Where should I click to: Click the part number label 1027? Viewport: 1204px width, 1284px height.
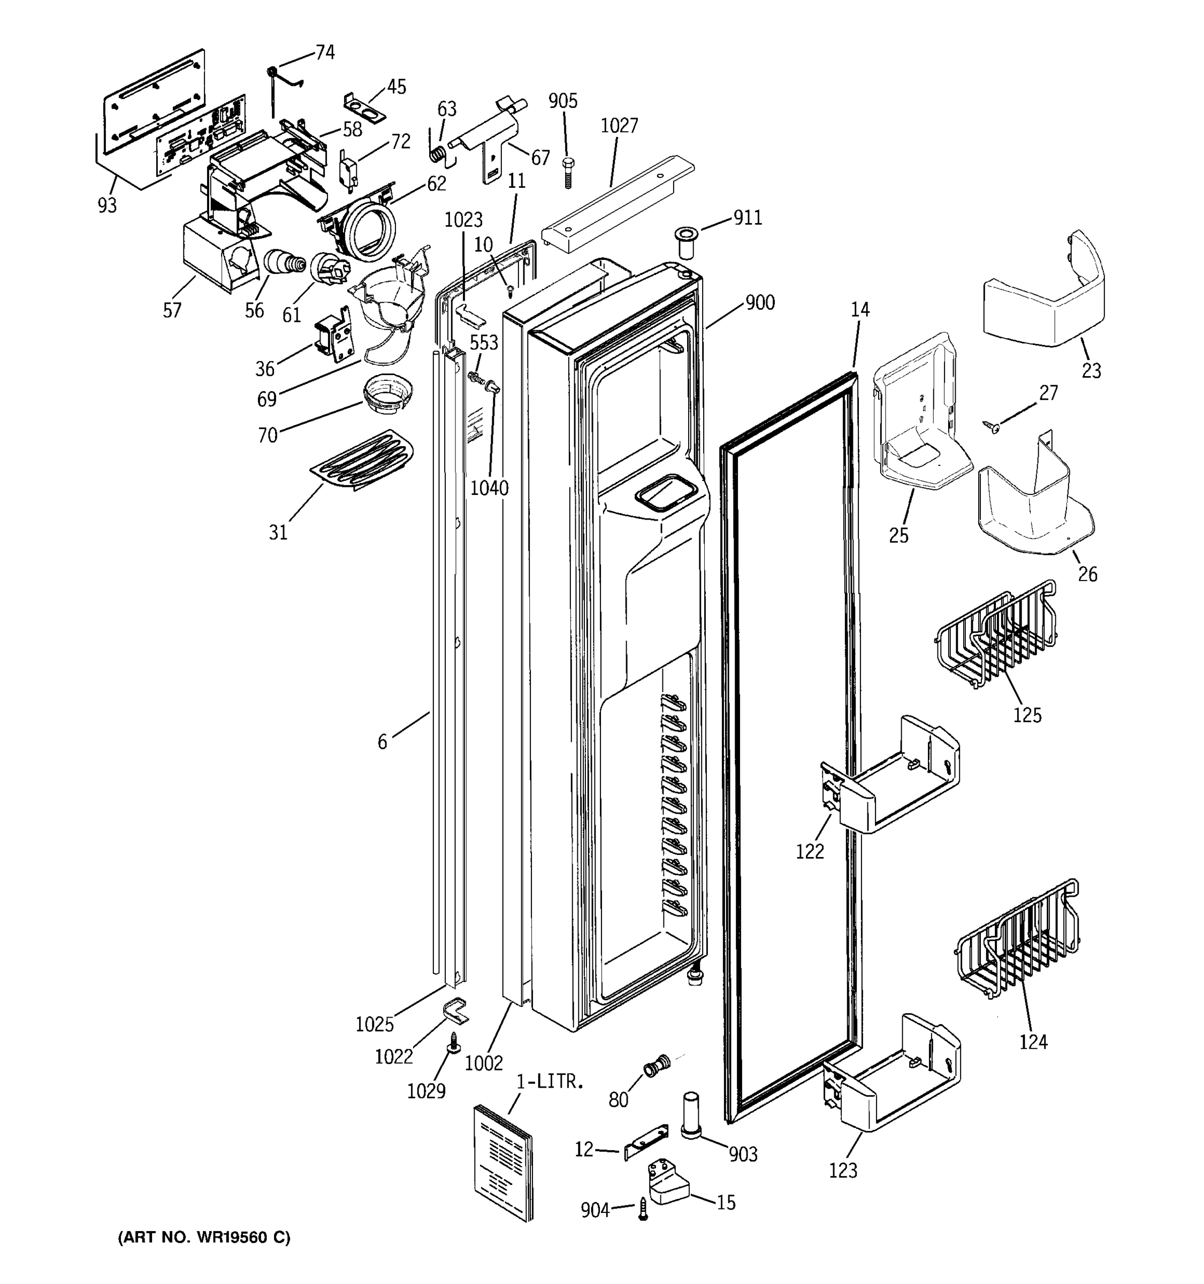[x=619, y=125]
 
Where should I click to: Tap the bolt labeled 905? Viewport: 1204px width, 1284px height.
[x=568, y=171]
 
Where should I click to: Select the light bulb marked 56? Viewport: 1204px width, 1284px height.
[x=285, y=263]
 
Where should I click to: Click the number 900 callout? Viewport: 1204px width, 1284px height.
[x=760, y=302]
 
